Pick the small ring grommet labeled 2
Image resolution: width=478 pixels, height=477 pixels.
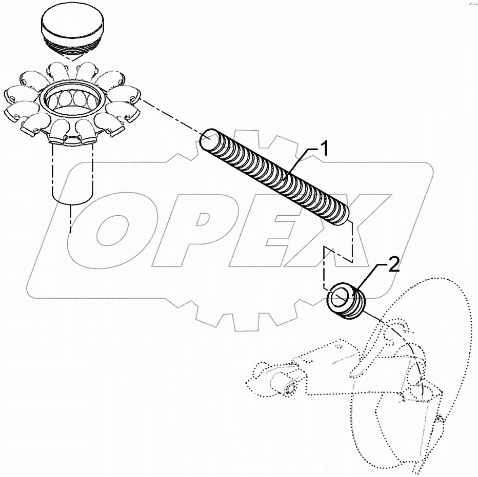pyautogui.click(x=347, y=302)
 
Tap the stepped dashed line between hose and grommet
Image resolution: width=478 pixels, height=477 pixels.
pyautogui.click(x=338, y=254)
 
